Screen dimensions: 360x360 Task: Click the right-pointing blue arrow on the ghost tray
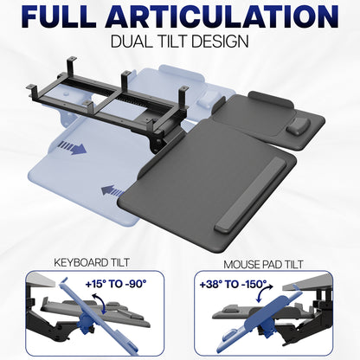pos(75,148)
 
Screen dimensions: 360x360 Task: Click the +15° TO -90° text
pos(116,283)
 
